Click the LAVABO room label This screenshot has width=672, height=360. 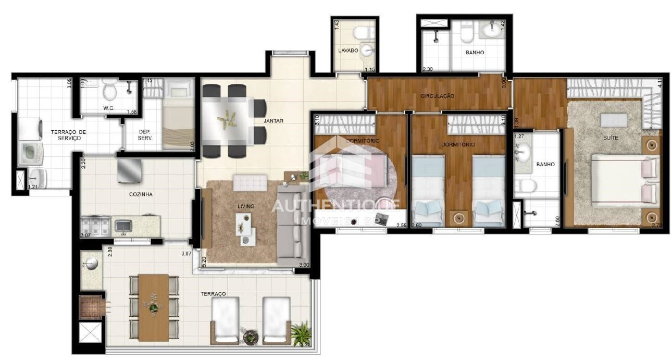point(348,51)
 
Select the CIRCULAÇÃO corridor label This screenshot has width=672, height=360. point(438,96)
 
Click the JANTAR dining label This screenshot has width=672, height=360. point(273,121)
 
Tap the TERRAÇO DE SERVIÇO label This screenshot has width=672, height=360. point(68,135)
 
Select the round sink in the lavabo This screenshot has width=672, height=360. point(367,51)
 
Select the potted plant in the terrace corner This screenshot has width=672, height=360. point(301,332)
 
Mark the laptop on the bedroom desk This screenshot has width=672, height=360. point(381,220)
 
